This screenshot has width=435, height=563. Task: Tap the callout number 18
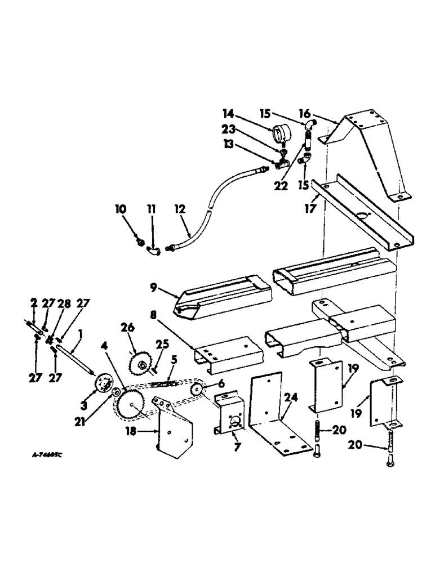pyautogui.click(x=131, y=432)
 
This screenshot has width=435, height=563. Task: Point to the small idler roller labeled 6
pyautogui.click(x=197, y=390)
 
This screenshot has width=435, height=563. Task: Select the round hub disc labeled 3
pyautogui.click(x=101, y=383)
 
